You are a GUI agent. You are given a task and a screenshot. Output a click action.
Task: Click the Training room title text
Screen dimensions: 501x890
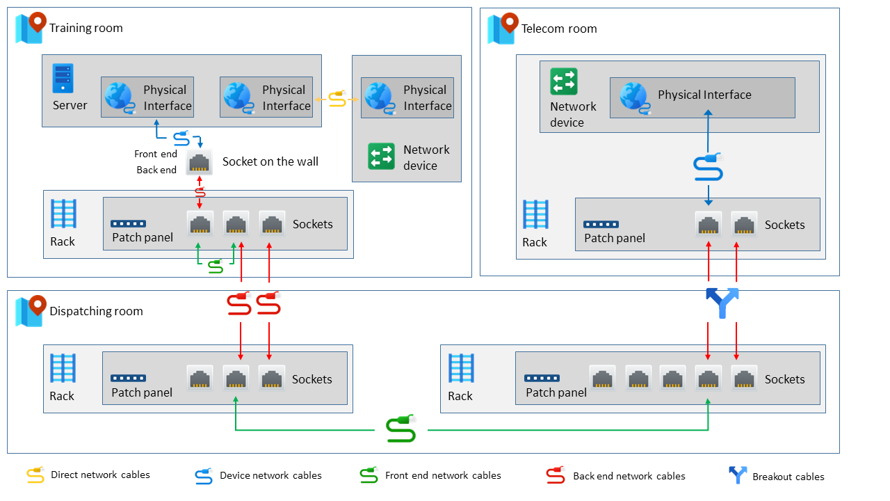coord(86,28)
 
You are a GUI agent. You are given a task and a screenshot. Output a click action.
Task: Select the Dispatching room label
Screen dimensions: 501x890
coord(96,311)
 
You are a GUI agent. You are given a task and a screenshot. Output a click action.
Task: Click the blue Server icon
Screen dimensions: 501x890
coord(63,79)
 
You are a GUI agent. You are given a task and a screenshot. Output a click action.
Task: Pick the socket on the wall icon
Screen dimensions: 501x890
coord(200,162)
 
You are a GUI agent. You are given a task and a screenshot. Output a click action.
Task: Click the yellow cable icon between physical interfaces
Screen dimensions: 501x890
coord(337,100)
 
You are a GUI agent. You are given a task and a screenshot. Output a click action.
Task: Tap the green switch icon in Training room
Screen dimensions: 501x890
coord(381,156)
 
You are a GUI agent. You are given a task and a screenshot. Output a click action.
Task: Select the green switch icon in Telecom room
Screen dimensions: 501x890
coord(563,81)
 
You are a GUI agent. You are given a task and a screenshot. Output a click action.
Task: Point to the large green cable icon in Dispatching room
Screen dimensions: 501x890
coord(401,429)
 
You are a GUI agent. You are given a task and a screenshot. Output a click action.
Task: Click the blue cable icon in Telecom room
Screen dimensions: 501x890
coord(708,168)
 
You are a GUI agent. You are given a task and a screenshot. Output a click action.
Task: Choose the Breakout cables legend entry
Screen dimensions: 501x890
coord(788,477)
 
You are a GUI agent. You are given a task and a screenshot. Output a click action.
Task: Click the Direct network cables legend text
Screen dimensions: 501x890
coord(100,475)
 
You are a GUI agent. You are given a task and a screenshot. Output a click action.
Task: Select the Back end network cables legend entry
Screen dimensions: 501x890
coord(629,476)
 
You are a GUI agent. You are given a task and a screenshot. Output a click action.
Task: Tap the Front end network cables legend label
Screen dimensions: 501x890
coord(443,475)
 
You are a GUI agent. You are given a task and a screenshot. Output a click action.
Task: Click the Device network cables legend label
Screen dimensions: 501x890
coord(270,475)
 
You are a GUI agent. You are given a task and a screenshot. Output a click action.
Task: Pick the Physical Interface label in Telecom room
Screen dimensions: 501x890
coord(704,95)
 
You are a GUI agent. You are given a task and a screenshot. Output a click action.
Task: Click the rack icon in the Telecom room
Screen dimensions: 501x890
coord(535,215)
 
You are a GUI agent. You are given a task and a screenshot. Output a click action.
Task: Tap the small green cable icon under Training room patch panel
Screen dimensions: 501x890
coord(216,266)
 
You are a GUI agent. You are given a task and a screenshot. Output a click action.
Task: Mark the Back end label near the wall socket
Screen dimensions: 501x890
coord(156,170)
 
